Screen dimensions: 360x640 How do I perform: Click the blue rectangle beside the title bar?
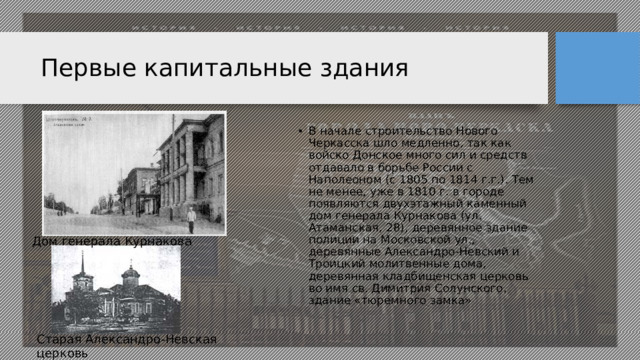(597, 67)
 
